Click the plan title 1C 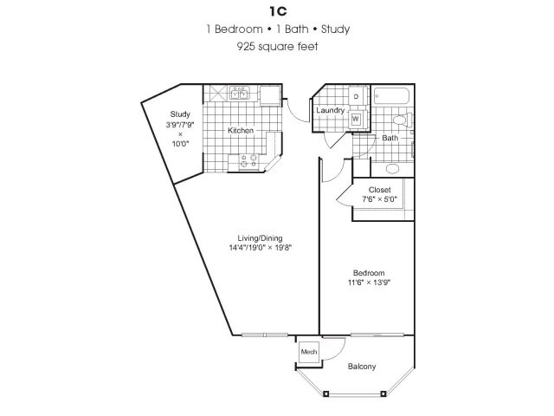pos(278,11)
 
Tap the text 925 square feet pos(277,46)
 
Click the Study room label pos(180,114)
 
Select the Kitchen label pos(241,130)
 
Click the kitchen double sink pos(240,93)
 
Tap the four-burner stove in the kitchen pos(248,161)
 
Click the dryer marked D pos(356,95)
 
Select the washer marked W pos(356,119)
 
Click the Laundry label pos(331,110)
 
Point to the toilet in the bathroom pos(403,120)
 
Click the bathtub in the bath pos(392,95)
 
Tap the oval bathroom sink pos(392,169)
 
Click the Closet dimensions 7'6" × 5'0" pos(379,199)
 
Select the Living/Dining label pos(260,237)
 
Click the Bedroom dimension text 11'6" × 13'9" pos(369,283)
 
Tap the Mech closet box pos(309,352)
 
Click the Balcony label pos(362,366)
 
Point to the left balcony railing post pos(326,393)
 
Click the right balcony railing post pos(383,393)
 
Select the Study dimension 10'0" pos(181,143)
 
